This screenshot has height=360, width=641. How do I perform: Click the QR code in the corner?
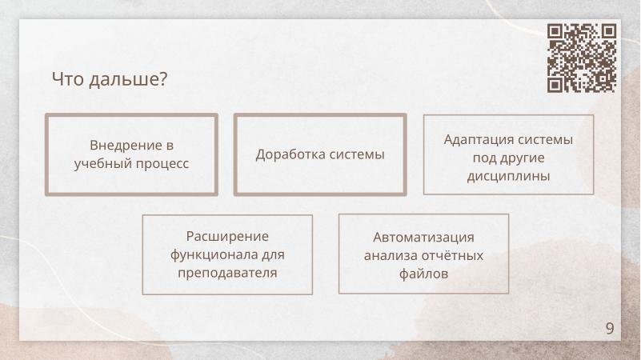coord(582,58)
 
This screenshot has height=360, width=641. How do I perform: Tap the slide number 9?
coord(610,329)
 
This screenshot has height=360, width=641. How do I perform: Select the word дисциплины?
coord(508,175)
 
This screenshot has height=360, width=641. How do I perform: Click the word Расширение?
coord(227,237)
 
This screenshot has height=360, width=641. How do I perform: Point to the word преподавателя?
coord(227,273)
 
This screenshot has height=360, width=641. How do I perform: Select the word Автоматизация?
coord(423,238)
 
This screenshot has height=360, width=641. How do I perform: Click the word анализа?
coord(391,256)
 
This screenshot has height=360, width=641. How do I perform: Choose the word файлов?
coord(423,274)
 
